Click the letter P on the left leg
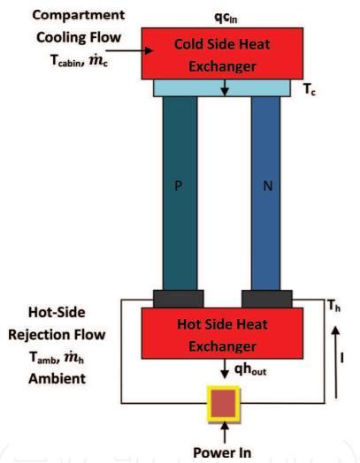(x=178, y=186)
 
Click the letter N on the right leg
(x=267, y=186)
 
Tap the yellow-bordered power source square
(x=224, y=404)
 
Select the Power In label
(x=222, y=452)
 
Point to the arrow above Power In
(x=225, y=432)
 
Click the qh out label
(x=250, y=369)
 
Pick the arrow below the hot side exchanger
(x=225, y=368)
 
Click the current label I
(x=342, y=358)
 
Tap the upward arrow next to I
(x=335, y=362)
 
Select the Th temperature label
(x=334, y=306)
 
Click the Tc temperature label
(x=310, y=89)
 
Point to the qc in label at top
(x=226, y=18)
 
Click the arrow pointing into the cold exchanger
(x=129, y=50)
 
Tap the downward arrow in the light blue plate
(x=225, y=87)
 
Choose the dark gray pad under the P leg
(x=178, y=299)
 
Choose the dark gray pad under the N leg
(x=267, y=299)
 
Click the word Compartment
(x=79, y=15)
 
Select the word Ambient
(x=57, y=378)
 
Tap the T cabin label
(x=65, y=61)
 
